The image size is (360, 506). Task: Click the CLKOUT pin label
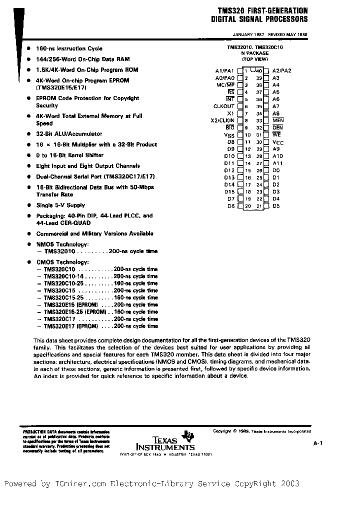224,106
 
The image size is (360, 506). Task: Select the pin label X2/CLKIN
222,120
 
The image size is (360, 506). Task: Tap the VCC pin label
277,142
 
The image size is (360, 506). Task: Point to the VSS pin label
229,135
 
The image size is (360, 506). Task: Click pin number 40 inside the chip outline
259,71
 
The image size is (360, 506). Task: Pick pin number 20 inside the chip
247,206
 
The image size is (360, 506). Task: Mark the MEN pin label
278,120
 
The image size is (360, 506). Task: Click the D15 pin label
229,191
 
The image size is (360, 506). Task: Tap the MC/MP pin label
225,85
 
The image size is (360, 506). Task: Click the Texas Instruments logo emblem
189,434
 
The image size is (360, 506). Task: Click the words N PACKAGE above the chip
254,53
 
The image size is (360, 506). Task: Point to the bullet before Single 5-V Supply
30,205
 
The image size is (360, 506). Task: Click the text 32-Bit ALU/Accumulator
68,134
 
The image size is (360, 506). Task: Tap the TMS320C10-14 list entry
63,276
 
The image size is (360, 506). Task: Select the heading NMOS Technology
62,244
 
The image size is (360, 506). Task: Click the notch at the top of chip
254,68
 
